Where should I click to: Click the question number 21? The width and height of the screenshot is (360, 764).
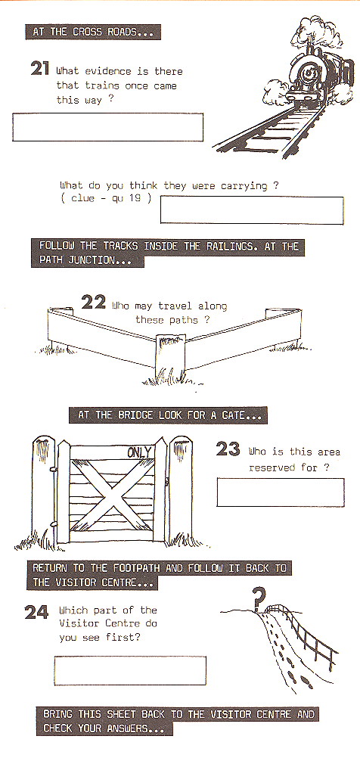point(41,70)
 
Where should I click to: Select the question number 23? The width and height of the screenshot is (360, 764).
point(228,449)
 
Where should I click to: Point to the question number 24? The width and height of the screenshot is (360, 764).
point(36,611)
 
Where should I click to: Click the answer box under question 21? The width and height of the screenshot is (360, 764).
point(107,127)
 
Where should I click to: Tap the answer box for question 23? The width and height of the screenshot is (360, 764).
point(280,492)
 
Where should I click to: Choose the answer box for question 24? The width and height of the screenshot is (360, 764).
point(130,670)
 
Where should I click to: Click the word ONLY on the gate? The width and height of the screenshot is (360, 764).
point(139,452)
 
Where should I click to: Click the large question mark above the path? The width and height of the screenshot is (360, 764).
point(259,598)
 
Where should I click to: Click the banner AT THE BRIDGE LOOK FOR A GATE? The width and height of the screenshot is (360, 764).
point(168,415)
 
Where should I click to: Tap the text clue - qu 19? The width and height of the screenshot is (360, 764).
point(107,198)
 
